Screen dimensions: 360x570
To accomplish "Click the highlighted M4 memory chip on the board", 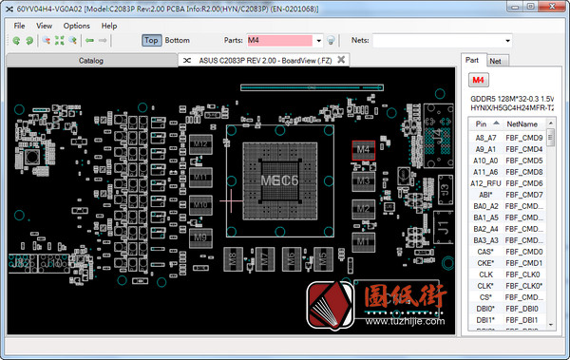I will (x=362, y=149).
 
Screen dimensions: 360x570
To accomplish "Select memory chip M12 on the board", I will (x=200, y=144).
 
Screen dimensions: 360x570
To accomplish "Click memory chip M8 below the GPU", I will (x=235, y=256).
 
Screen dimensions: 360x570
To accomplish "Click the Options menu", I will (x=77, y=26).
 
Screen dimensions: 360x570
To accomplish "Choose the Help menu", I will (x=109, y=26).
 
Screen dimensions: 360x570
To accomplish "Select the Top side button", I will (x=151, y=41).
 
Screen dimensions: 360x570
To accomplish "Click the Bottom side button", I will (x=178, y=41).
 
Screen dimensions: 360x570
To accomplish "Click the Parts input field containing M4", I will (x=282, y=41).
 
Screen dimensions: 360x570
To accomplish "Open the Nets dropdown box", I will (x=441, y=41).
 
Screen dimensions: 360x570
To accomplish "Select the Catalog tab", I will (x=91, y=60).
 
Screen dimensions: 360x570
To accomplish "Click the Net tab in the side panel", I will (x=495, y=61).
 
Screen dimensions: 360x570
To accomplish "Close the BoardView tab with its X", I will (x=341, y=60).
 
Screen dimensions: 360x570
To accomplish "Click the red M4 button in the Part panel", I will (x=478, y=80).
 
